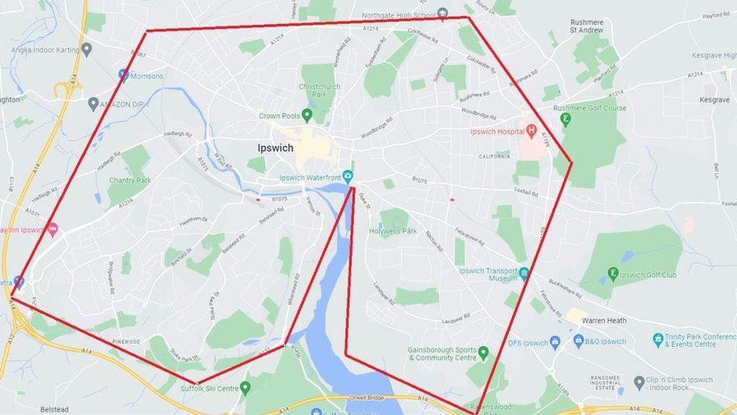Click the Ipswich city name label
[275, 148]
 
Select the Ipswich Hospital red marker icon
[531, 131]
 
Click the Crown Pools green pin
[307, 115]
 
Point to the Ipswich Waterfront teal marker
[347, 177]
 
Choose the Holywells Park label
[393, 231]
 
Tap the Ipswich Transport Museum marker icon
[524, 273]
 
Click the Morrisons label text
[146, 76]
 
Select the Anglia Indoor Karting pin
[87, 49]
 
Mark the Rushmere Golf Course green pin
[566, 119]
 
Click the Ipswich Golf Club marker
[613, 274]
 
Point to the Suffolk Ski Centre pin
[245, 389]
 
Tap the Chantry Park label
[130, 181]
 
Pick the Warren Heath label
[604, 321]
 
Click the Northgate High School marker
[443, 14]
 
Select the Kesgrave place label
[714, 100]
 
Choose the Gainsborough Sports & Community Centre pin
[483, 352]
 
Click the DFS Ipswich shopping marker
[555, 342]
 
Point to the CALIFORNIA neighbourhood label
[494, 156]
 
